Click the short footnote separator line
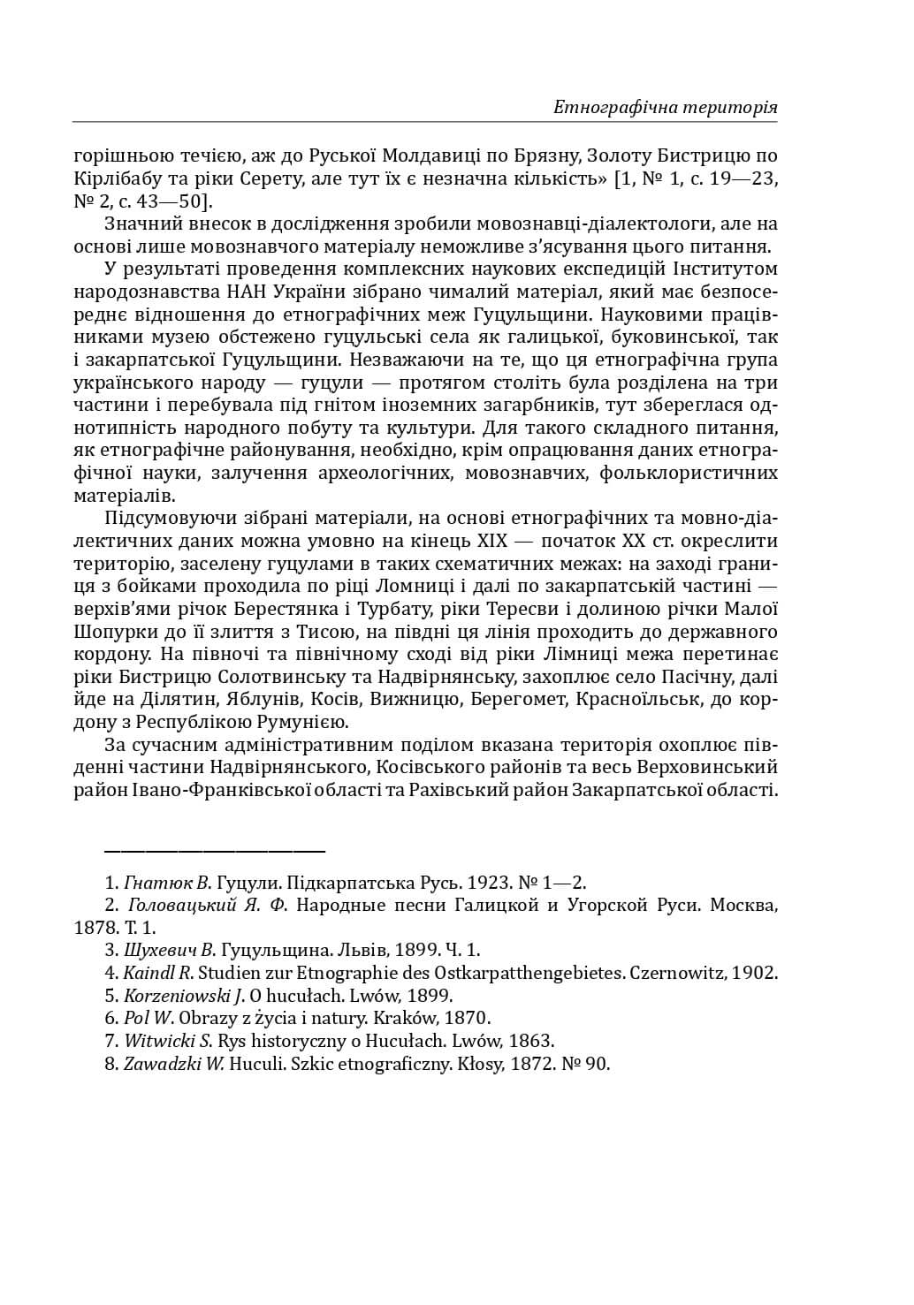215,851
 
